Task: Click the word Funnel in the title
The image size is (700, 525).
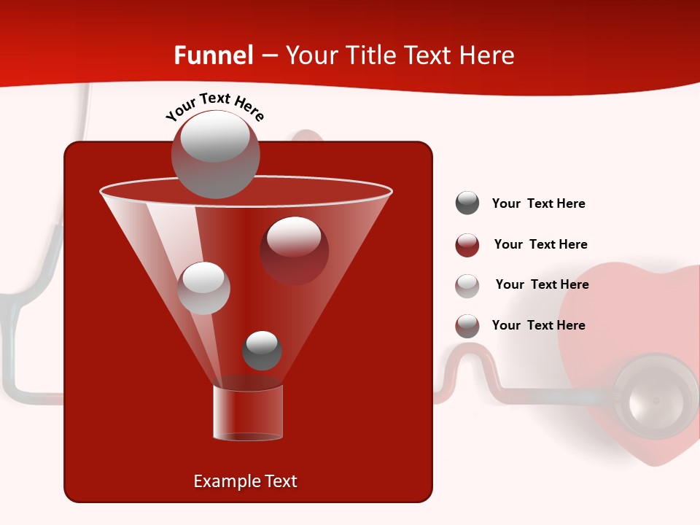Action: pos(214,55)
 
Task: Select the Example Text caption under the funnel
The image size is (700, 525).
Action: pos(245,481)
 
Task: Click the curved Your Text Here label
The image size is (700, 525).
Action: pos(215,106)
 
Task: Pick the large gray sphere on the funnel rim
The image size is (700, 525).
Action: pos(215,154)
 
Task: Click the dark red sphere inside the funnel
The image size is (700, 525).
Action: pos(294,250)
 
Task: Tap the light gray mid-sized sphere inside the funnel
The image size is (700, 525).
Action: pos(203,287)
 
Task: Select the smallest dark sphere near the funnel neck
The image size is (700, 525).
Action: pos(262,351)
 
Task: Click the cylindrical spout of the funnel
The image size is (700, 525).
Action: pos(248,412)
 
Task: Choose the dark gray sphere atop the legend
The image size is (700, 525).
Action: pos(467,203)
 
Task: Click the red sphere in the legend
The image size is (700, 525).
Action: pos(467,244)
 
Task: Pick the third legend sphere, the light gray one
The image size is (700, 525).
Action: pos(467,285)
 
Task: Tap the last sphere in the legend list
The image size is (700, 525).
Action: pos(467,326)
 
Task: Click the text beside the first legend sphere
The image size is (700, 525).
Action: pos(538,204)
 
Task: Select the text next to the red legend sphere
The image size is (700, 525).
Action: pos(540,245)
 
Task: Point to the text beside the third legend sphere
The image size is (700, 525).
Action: pos(542,285)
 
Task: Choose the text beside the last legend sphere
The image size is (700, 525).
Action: pos(538,326)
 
